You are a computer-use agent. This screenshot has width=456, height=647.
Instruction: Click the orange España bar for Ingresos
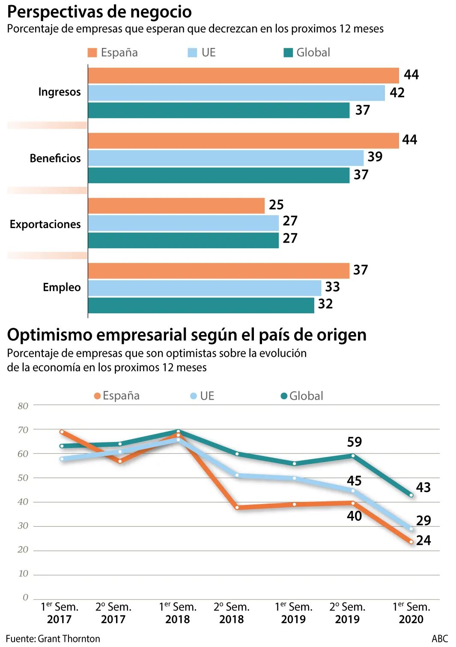243,76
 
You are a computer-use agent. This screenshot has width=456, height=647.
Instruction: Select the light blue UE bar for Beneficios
226,158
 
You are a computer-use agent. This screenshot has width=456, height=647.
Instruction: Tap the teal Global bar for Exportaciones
183,240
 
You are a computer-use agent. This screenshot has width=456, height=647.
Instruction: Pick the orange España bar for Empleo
219,271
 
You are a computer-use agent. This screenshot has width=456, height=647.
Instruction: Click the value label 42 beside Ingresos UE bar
397,92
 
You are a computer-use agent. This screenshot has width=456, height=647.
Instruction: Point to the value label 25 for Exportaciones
276,205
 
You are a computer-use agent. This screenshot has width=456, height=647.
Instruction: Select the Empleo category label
62,287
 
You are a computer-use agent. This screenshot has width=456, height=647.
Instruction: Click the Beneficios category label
55,158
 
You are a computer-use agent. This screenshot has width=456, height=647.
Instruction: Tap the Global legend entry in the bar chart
307,53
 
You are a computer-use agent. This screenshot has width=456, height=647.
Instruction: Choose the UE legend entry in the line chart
202,396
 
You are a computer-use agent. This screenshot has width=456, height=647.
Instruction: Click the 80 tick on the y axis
23,406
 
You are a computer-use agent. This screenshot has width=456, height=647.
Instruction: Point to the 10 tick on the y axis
23,573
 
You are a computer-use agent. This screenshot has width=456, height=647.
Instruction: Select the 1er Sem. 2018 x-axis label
177,613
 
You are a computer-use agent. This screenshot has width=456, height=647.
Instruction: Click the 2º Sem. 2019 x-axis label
347,613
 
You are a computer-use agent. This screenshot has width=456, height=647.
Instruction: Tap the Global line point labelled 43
411,495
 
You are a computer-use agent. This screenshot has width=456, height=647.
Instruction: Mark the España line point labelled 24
411,542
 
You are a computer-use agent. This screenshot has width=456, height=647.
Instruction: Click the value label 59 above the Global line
355,442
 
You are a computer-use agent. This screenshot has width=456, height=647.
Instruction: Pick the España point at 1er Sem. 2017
62,432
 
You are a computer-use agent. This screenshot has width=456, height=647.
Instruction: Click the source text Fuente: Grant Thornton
53,638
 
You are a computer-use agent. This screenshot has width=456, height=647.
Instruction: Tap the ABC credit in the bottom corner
440,638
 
